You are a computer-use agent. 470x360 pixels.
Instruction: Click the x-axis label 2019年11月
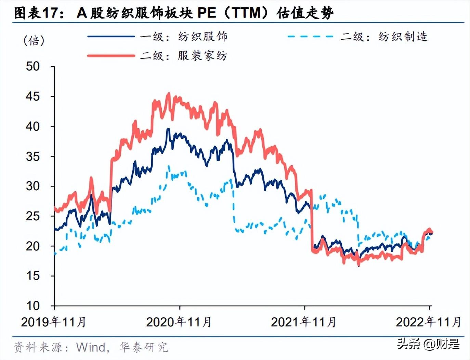click(x=53, y=322)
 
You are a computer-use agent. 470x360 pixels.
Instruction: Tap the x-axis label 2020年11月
click(x=179, y=322)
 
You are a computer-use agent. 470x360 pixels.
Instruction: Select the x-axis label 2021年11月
click(x=303, y=322)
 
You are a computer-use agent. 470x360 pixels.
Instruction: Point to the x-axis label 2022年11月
click(x=428, y=322)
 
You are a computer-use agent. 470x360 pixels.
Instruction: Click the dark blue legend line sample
click(x=111, y=37)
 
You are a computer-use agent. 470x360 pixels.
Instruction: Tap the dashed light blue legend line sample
click(x=310, y=37)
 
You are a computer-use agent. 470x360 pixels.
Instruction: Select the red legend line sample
click(x=111, y=55)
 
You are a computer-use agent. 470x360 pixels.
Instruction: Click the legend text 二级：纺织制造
click(x=384, y=37)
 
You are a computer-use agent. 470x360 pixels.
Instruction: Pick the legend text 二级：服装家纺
click(x=184, y=55)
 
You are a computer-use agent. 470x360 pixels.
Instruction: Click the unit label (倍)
click(x=34, y=40)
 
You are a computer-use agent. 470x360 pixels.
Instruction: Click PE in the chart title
click(x=207, y=13)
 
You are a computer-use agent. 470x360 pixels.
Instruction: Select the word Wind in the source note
click(x=91, y=347)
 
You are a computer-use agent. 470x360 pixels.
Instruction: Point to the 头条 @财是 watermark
click(x=428, y=344)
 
